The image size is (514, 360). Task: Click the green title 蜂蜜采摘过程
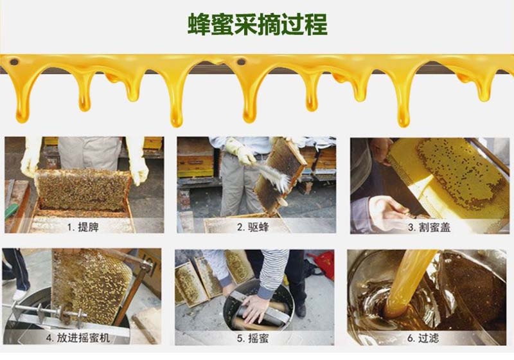(258, 24)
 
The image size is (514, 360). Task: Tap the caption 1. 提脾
(83, 227)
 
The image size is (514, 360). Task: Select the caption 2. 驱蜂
(253, 227)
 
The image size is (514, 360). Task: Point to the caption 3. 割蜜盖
(429, 227)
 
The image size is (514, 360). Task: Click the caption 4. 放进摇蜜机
(78, 337)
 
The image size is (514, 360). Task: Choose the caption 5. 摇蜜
(253, 338)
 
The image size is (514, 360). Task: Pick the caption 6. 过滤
(423, 338)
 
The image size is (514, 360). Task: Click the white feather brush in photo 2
(272, 176)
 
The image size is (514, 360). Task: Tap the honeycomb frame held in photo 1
(84, 190)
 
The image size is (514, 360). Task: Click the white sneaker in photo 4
(19, 294)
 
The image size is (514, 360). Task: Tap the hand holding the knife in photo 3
(387, 212)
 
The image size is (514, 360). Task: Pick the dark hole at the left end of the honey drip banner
(14, 62)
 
